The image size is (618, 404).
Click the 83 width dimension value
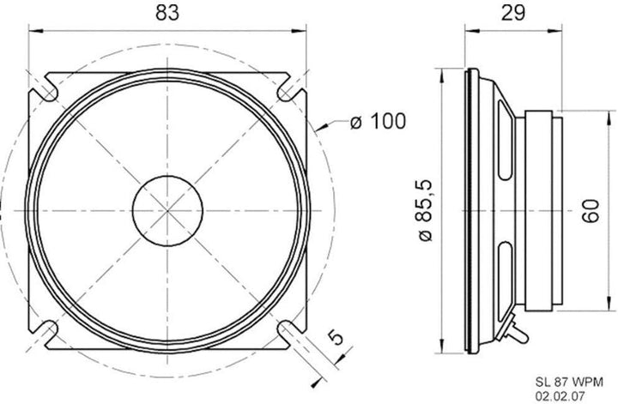click(x=167, y=13)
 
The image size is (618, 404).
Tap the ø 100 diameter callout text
click(x=378, y=121)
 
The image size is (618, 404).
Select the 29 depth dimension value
click(x=513, y=13)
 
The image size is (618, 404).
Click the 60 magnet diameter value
click(x=591, y=211)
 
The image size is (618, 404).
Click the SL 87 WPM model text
click(x=569, y=382)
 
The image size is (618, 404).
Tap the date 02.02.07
click(x=560, y=395)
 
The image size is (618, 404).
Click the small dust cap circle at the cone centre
click(x=167, y=211)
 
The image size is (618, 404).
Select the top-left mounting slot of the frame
click(x=47, y=92)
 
